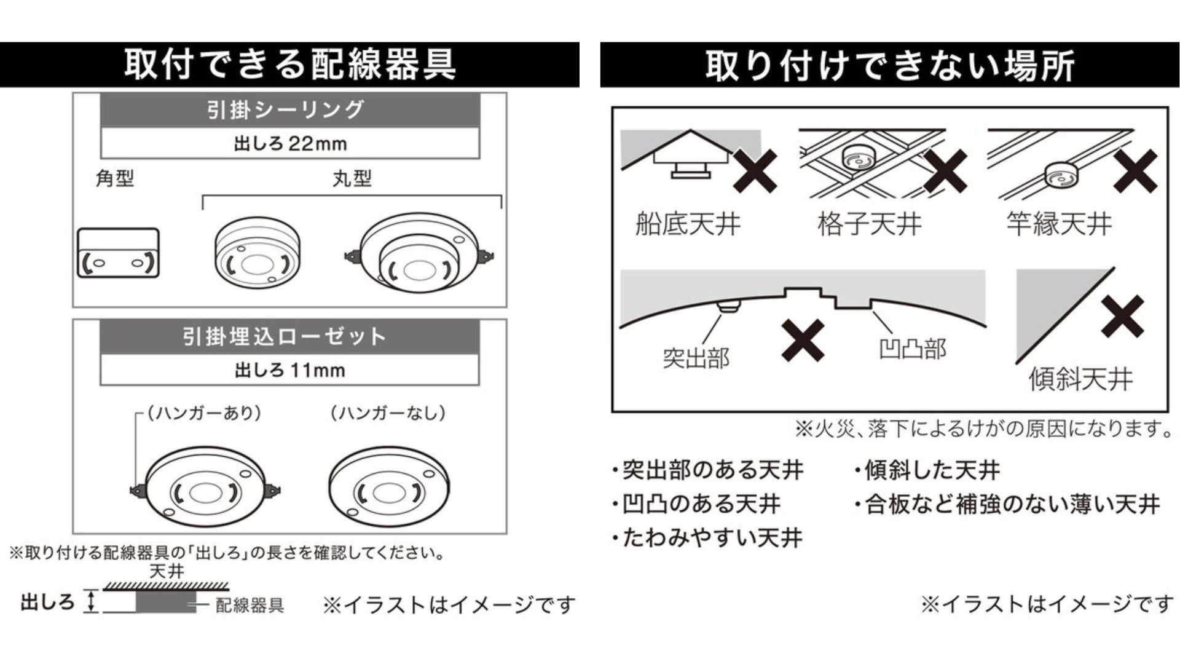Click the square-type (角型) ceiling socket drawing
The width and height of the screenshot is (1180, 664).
[118, 253]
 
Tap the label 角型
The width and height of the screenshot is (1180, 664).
[115, 178]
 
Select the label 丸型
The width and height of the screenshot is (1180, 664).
[352, 178]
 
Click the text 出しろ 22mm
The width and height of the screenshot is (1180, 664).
[290, 144]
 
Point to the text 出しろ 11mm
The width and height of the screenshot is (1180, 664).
[290, 370]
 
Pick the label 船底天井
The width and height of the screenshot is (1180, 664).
[688, 224]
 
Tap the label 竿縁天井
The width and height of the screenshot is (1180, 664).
[1059, 224]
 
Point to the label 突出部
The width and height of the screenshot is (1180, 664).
[696, 358]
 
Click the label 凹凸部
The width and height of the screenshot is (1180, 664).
[913, 349]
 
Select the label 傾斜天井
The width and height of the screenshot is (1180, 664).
[1080, 379]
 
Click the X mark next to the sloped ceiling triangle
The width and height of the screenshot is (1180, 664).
[1122, 316]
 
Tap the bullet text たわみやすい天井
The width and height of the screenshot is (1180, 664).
[712, 538]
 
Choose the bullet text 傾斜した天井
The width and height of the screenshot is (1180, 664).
[932, 470]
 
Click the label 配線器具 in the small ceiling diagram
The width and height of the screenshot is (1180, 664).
[250, 606]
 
